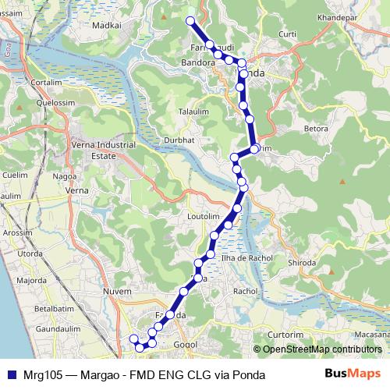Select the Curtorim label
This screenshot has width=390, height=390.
pyautogui.click(x=284, y=333)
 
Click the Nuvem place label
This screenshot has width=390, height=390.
pyautogui.click(x=116, y=291)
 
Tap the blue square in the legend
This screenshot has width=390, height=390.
pyautogui.click(x=12, y=374)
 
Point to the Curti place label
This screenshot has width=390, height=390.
pyautogui.click(x=287, y=34)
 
